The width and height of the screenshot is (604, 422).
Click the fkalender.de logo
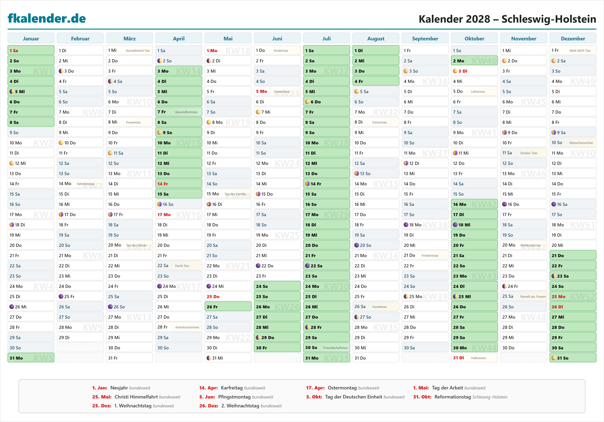[47, 18]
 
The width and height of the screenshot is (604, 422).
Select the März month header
[129, 39]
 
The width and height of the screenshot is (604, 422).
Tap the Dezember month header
[573, 39]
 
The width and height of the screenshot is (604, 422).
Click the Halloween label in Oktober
[478, 358]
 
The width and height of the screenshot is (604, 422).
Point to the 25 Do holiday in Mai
[228, 296]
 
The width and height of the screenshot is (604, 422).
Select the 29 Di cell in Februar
[80, 337]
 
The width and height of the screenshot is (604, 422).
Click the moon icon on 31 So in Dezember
[554, 358]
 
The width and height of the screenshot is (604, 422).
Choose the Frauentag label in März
[133, 122]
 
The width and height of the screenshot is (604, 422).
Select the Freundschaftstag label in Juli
[335, 348]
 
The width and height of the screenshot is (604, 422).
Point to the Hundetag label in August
[379, 307]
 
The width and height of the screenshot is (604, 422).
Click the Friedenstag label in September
[430, 255]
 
